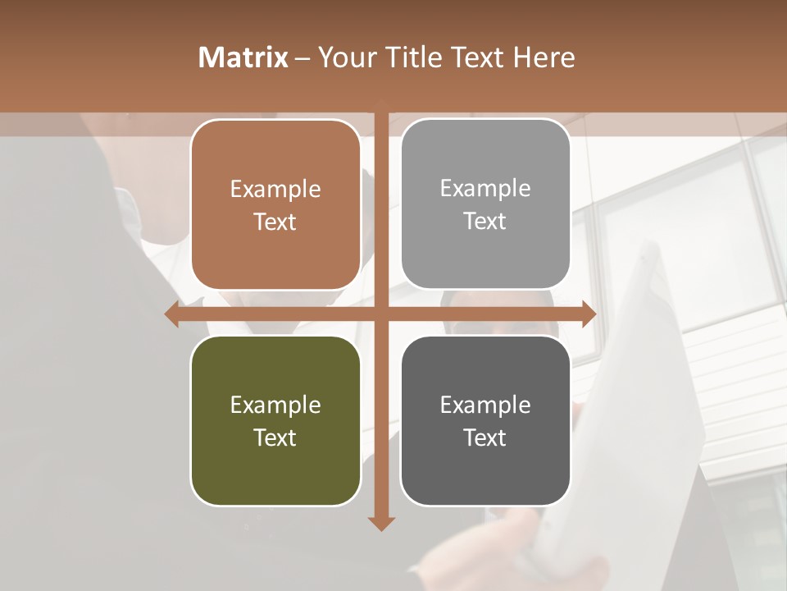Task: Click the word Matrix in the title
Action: click(x=243, y=57)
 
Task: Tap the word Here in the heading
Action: click(x=544, y=57)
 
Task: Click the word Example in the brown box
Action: click(x=275, y=190)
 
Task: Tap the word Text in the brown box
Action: click(x=275, y=222)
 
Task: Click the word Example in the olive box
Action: click(x=275, y=405)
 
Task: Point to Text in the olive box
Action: click(x=275, y=438)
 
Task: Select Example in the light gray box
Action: click(x=485, y=189)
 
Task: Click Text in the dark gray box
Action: click(x=485, y=438)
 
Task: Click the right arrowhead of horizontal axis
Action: click(x=589, y=314)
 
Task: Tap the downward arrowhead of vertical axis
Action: click(x=381, y=524)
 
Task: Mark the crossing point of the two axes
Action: click(x=381, y=314)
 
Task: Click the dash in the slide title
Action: click(x=303, y=58)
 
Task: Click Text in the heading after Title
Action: click(x=475, y=57)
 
